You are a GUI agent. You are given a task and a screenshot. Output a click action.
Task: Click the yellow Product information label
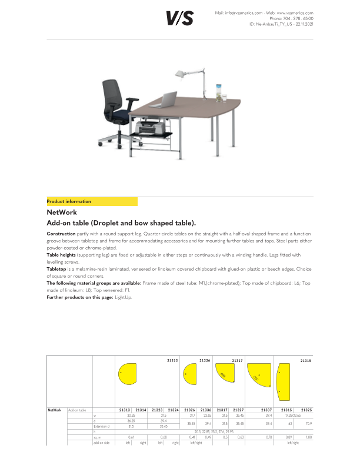[69, 201]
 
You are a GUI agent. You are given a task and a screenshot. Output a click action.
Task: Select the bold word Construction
[61, 234]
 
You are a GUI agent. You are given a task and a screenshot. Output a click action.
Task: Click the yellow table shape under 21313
[127, 373]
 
